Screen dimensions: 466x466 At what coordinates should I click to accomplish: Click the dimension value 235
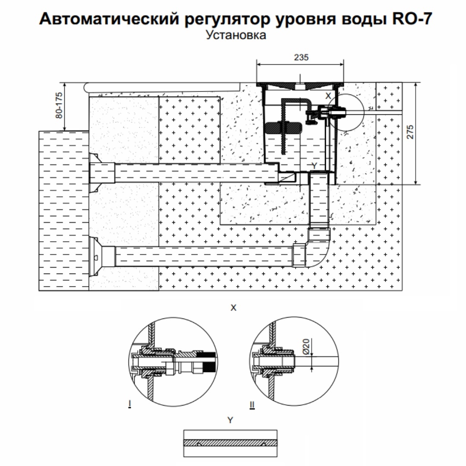pyautogui.click(x=301, y=57)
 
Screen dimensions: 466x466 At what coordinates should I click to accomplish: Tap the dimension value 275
pyautogui.click(x=410, y=132)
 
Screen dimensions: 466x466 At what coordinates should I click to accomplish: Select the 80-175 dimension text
pyautogui.click(x=59, y=106)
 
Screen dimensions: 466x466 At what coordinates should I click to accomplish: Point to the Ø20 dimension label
pyautogui.click(x=306, y=346)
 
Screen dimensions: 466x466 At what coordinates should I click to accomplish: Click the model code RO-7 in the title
pyautogui.click(x=412, y=19)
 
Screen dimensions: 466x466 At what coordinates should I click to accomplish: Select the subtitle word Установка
pyautogui.click(x=236, y=35)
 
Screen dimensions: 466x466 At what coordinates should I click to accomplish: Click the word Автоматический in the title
pyautogui.click(x=109, y=19)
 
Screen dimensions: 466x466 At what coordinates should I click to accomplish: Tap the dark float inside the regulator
pyautogui.click(x=283, y=128)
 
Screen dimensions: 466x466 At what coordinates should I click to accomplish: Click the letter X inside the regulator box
pyautogui.click(x=328, y=96)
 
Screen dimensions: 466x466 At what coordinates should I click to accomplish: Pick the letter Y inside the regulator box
pyautogui.click(x=314, y=166)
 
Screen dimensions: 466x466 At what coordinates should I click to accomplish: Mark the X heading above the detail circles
pyautogui.click(x=233, y=308)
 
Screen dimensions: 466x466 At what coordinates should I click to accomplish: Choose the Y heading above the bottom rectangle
pyautogui.click(x=230, y=420)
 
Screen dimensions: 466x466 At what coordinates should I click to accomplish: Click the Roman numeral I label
pyautogui.click(x=129, y=404)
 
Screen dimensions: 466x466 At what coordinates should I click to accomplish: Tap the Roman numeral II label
pyautogui.click(x=252, y=405)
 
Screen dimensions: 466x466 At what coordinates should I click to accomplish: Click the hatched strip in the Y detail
pyautogui.click(x=230, y=443)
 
